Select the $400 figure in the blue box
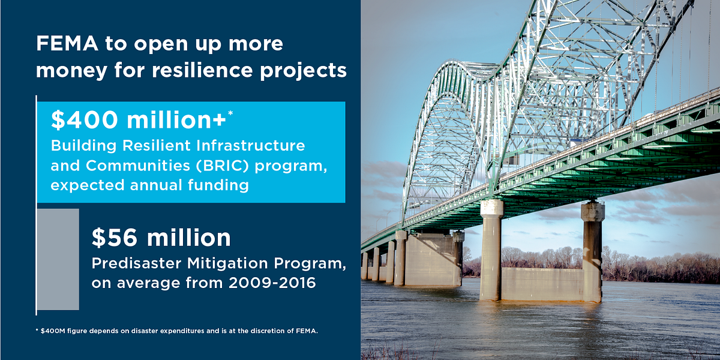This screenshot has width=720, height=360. [80, 121]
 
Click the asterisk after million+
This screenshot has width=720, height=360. [230, 113]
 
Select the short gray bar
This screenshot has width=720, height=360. [58, 259]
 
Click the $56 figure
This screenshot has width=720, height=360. [112, 238]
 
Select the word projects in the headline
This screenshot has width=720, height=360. [308, 70]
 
